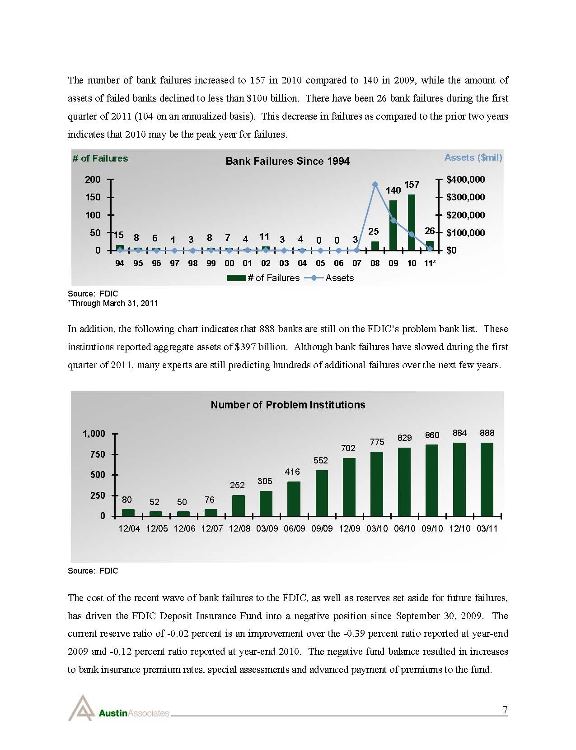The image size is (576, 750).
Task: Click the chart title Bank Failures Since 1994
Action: coord(287,161)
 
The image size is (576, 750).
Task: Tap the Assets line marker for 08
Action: coord(375,184)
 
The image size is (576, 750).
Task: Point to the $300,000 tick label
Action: coord(465,197)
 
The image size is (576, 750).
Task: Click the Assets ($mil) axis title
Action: coord(473,157)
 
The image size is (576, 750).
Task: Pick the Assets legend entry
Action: coord(339,278)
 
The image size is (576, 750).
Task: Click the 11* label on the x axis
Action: coord(430,263)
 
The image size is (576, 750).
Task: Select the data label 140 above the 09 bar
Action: coord(393,190)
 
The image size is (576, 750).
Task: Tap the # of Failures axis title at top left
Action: coord(100,158)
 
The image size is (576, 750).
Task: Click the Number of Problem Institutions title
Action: coord(288,405)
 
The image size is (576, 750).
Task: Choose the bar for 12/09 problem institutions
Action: coord(349,487)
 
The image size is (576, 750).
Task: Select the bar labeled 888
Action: coord(487,479)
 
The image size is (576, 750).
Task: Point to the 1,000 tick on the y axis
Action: coord(94,434)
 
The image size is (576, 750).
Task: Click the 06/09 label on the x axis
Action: coord(294,528)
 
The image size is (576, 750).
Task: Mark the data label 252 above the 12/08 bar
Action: coord(237,485)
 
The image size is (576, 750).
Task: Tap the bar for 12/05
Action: coord(156,514)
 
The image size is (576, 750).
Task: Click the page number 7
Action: coord(505,710)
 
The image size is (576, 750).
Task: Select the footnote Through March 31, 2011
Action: coord(113,303)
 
